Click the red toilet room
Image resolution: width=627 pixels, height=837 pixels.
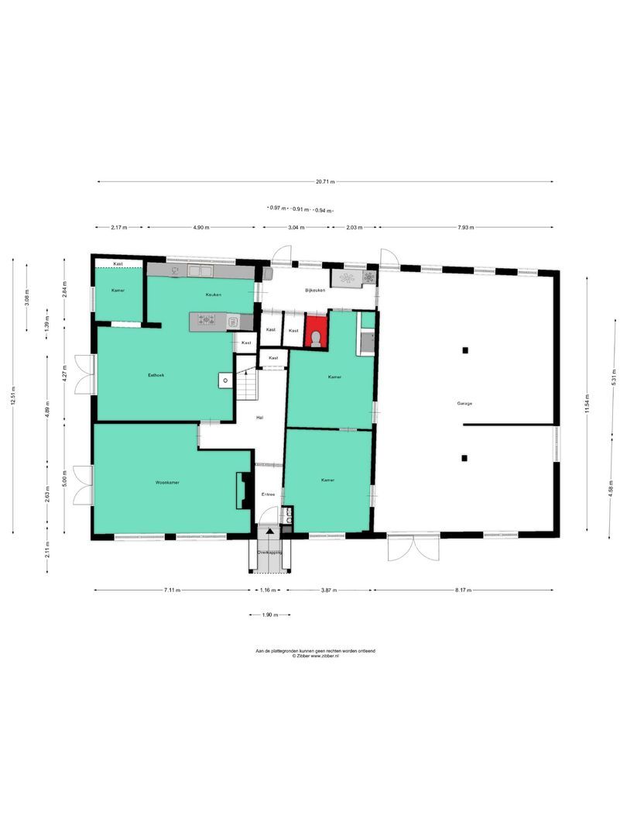(x=316, y=331)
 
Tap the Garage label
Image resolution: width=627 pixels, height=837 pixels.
(x=464, y=404)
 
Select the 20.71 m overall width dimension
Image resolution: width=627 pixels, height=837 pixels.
(x=325, y=182)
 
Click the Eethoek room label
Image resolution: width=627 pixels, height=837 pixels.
(x=156, y=375)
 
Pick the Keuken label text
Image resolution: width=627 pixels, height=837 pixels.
(x=214, y=295)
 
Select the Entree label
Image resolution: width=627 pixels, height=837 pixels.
(x=268, y=494)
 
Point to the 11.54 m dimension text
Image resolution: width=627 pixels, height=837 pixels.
(x=588, y=404)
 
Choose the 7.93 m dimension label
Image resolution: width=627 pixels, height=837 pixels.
(x=465, y=228)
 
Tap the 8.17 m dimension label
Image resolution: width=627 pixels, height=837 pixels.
(x=463, y=591)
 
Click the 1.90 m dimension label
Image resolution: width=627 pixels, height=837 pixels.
(x=270, y=615)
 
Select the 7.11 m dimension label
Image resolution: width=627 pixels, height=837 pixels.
(x=172, y=591)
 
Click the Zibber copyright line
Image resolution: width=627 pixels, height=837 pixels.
(x=316, y=656)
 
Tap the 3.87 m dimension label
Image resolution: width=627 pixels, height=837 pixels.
(x=329, y=591)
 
